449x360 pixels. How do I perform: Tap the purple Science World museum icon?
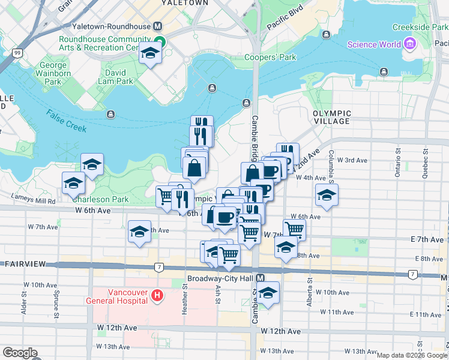tap(410, 44)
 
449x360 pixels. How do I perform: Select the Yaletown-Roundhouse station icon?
tap(158, 26)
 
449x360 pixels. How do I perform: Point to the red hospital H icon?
tap(157, 295)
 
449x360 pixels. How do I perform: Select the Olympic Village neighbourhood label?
tap(331, 117)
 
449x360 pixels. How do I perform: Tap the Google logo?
tap(19, 353)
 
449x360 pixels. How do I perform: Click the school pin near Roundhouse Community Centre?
tap(149, 55)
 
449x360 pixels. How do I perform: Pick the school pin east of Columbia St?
tap(327, 195)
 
